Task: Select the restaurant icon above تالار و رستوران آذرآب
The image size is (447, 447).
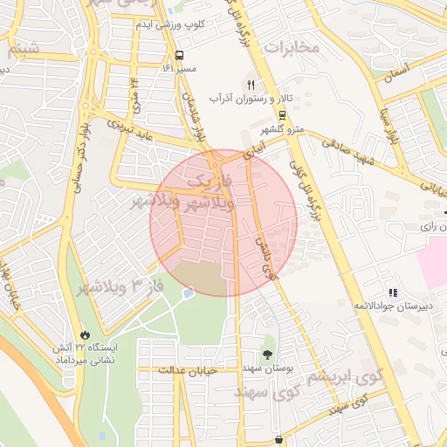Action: click(251, 85)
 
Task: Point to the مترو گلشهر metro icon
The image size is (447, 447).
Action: click(282, 115)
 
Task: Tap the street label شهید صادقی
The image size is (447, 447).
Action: click(352, 149)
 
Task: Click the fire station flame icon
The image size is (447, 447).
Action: click(85, 334)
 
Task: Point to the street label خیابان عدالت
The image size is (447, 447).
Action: click(187, 371)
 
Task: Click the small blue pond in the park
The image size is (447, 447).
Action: click(188, 293)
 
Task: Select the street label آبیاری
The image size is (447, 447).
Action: click(251, 150)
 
